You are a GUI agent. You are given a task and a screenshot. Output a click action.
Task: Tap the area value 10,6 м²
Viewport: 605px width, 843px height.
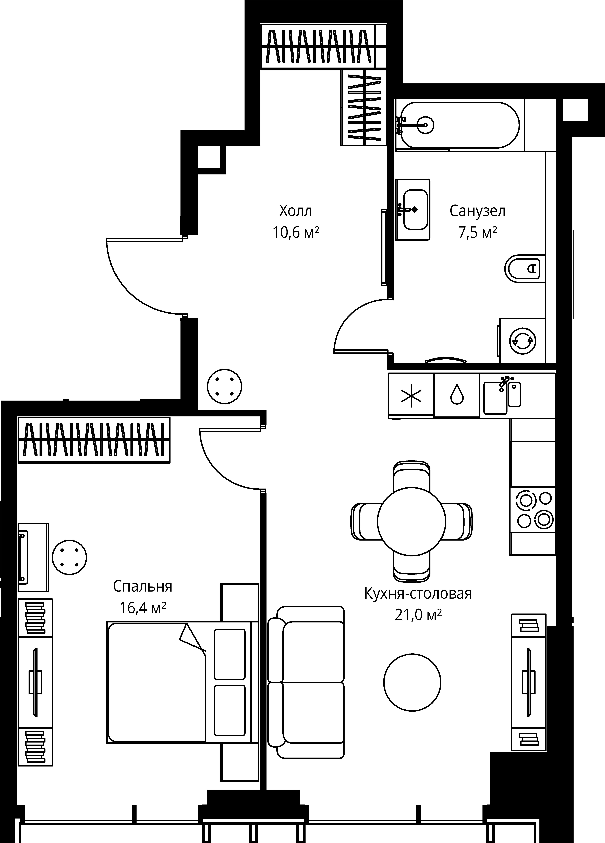[x=296, y=233]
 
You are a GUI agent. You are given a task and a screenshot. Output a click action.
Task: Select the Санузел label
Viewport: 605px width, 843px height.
[x=477, y=211]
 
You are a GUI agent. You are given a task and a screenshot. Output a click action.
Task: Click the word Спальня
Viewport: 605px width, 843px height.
[x=143, y=586]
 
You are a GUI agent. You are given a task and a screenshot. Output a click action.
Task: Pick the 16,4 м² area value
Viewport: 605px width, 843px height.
[x=143, y=608]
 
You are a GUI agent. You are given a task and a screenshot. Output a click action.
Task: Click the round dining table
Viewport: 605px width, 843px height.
[x=411, y=521]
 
